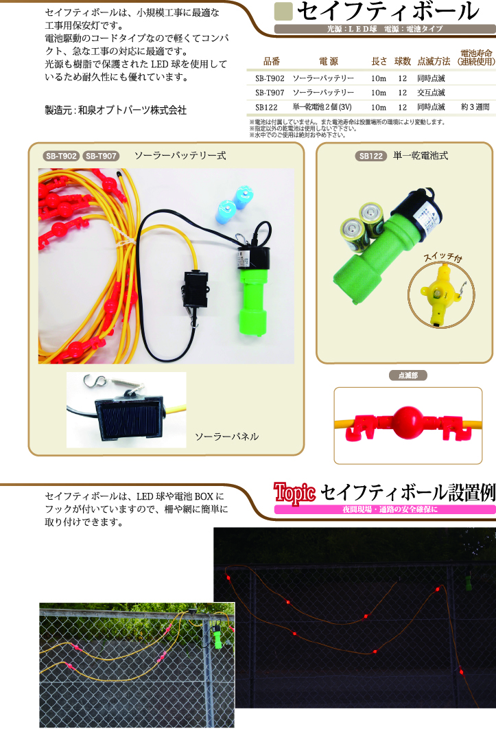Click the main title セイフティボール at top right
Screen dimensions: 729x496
tap(388, 12)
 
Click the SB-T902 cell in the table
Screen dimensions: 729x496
tap(269, 78)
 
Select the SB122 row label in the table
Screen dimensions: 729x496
tap(266, 107)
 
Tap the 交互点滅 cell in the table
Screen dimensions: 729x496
tap(431, 92)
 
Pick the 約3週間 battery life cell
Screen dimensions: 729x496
tap(475, 107)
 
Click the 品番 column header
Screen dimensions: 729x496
tap(271, 61)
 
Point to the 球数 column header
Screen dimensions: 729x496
tap(402, 61)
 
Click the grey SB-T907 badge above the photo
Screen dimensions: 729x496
tap(102, 156)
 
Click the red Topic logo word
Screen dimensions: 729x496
tap(294, 491)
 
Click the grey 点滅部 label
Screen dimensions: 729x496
tap(408, 375)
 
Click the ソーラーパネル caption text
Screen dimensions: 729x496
tap(226, 437)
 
